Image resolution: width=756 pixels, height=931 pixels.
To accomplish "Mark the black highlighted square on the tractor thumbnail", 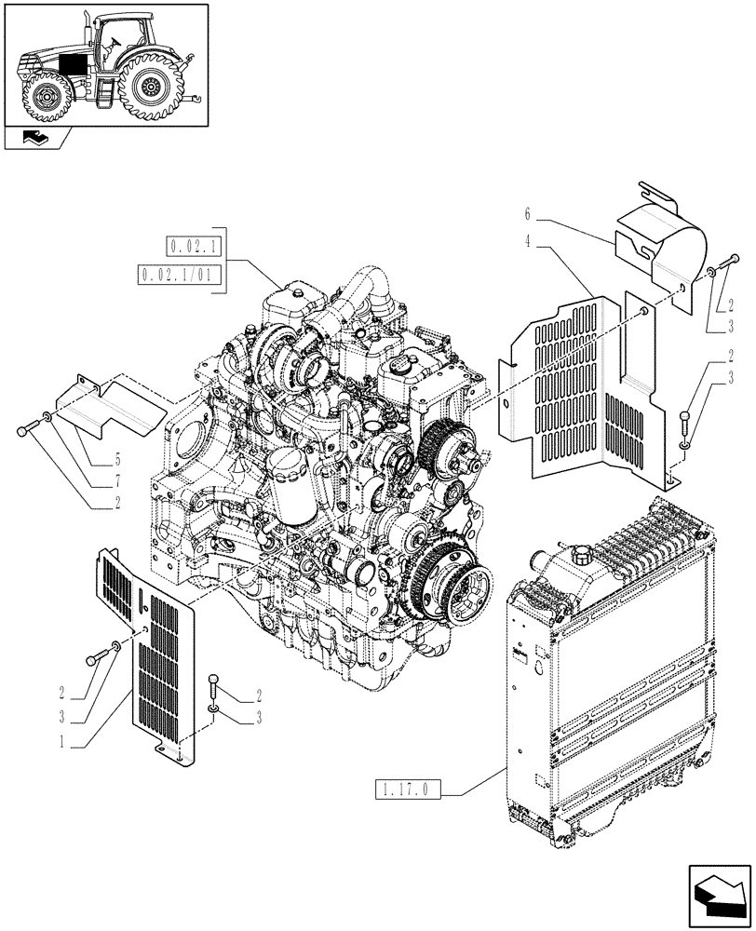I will tap(72, 68).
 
